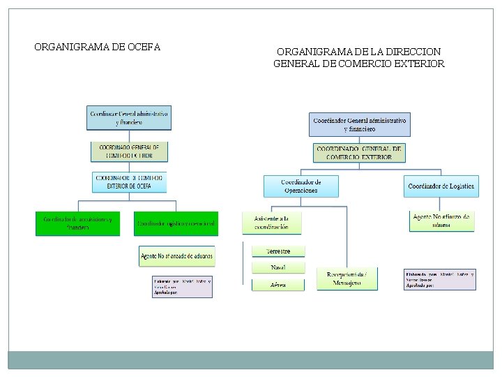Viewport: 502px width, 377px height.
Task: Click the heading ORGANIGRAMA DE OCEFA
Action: tap(98, 47)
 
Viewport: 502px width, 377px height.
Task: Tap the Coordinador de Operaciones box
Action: tap(301, 186)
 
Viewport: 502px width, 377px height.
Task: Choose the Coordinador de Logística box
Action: tap(441, 186)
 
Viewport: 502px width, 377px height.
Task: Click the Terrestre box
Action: tap(277, 251)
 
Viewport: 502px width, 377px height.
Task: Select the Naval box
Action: tap(277, 268)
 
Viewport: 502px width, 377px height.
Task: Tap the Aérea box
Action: tap(277, 285)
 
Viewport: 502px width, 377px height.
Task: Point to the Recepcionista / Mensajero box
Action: tap(347, 279)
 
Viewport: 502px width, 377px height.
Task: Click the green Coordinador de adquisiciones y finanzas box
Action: tap(77, 223)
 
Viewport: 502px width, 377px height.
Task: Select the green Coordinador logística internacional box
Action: tap(176, 223)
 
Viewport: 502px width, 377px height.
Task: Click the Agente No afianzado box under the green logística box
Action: tap(176, 256)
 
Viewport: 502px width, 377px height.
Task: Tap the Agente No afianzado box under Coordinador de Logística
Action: tap(441, 221)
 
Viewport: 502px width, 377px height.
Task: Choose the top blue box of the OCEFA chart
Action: tap(129, 117)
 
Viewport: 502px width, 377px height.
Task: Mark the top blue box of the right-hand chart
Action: tap(359, 124)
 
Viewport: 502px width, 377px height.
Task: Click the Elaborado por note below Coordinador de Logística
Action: tap(439, 280)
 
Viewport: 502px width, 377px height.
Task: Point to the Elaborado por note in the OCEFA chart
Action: tap(182, 288)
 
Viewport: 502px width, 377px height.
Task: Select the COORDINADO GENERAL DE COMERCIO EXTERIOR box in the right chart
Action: tap(359, 153)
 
